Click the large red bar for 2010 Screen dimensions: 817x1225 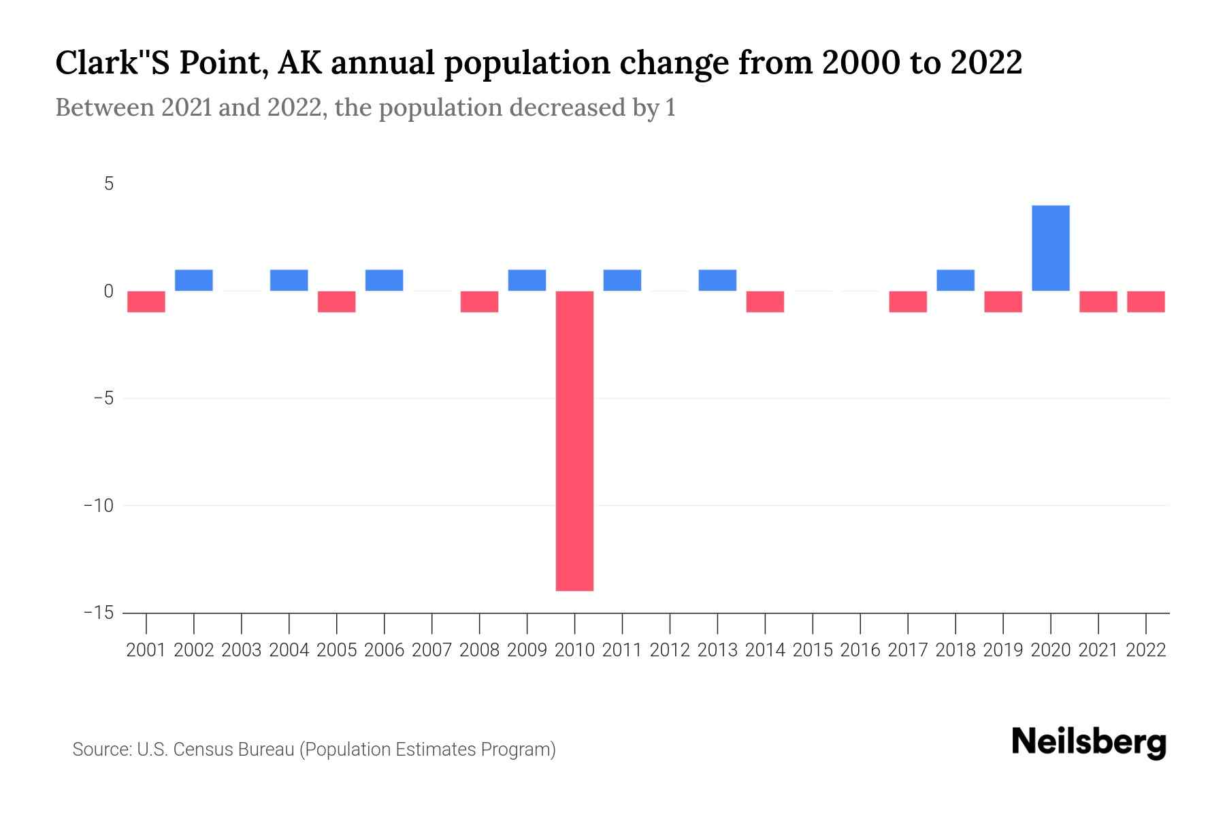coord(574,440)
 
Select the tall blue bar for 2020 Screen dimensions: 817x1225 coord(1051,248)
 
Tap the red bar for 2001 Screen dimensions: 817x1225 coord(146,302)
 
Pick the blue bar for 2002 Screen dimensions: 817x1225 coord(194,281)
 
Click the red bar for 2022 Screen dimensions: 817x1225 coord(1146,302)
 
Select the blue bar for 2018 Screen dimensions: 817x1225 coord(955,281)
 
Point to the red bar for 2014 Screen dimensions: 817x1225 coord(765,302)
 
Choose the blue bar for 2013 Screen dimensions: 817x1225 coord(717,281)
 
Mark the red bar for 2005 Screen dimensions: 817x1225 coord(337,302)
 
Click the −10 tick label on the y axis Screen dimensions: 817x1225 coord(99,506)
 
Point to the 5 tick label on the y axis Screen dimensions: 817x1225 coord(109,184)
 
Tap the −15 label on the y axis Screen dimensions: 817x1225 coord(99,613)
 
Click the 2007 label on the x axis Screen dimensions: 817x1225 coord(431,650)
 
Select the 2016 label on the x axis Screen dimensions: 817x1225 coord(860,650)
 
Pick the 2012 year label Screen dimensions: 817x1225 coord(670,650)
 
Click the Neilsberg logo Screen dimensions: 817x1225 coord(1089,743)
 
